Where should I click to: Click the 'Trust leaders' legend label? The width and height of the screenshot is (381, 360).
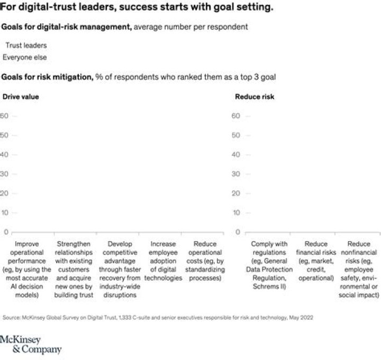[26, 45]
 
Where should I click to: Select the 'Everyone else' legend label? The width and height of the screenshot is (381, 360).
[24, 58]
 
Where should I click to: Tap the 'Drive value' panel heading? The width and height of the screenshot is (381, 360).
[21, 97]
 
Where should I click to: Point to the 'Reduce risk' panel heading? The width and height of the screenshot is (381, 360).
[255, 97]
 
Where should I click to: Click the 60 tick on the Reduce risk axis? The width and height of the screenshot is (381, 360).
[235, 116]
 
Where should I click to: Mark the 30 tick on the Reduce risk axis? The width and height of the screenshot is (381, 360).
[235, 174]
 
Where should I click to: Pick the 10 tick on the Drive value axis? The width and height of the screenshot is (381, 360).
[5, 213]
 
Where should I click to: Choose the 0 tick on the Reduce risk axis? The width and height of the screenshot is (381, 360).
[238, 232]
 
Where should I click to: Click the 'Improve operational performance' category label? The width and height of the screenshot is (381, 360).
[27, 270]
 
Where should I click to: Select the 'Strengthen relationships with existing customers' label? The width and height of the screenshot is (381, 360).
[74, 270]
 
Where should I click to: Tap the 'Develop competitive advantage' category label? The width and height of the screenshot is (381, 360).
[120, 270]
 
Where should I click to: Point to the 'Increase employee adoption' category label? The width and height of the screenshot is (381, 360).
[163, 261]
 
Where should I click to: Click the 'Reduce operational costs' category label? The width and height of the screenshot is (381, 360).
[205, 261]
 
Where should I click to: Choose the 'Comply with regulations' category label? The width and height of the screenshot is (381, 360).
[269, 265]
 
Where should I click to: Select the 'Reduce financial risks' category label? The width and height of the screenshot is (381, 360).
[316, 261]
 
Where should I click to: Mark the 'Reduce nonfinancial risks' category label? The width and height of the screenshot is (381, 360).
[359, 270]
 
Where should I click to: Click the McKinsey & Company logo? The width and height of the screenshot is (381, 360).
[31, 345]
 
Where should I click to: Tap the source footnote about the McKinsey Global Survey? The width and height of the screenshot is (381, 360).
[158, 318]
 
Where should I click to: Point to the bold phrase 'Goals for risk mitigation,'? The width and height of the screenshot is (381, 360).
[48, 77]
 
